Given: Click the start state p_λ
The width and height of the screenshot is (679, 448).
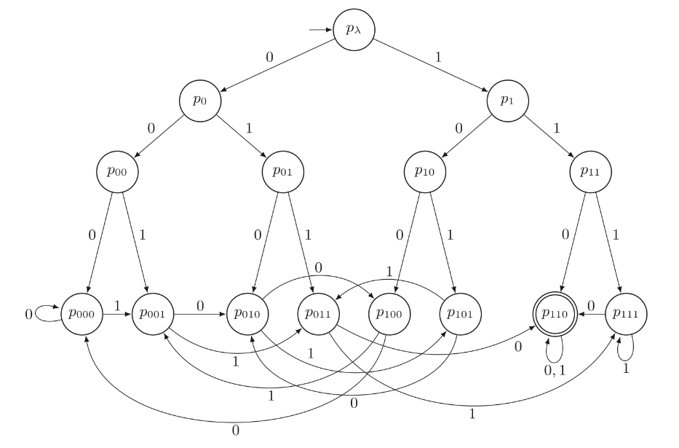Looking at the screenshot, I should coord(354,31).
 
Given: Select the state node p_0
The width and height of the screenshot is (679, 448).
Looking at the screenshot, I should coord(200,101).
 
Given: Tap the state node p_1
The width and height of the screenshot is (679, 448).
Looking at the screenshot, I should coord(508,101).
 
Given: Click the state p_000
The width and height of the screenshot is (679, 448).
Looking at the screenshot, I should coord(82,315).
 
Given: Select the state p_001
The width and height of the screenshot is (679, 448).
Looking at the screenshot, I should coord(152,315).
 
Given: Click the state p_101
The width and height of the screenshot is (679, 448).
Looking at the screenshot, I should coord(460,315).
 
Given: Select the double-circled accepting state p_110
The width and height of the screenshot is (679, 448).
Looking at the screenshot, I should coord(555,315).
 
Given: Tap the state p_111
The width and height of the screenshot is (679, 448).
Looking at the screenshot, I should coord(626,315).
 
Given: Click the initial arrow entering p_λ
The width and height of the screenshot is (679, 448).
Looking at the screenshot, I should coord(320,31).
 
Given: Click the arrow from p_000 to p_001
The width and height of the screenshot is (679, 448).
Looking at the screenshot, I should coord(117,315).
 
